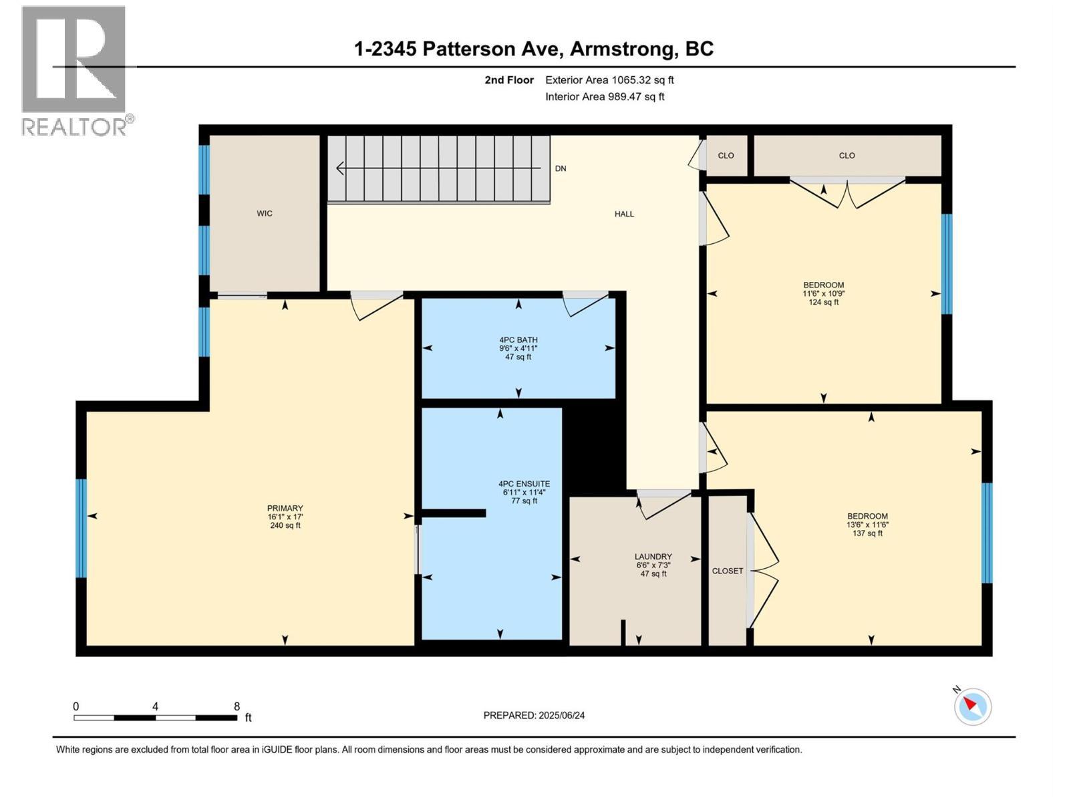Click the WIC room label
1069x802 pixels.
tap(265, 214)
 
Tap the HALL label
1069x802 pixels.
tap(624, 214)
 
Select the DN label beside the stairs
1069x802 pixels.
tap(561, 168)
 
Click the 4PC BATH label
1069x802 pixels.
tap(518, 340)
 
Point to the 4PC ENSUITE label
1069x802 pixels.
tap(524, 484)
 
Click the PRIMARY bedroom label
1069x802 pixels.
tap(285, 509)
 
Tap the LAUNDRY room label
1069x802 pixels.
tap(653, 557)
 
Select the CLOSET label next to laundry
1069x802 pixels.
tap(727, 571)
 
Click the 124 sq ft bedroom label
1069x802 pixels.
tap(823, 285)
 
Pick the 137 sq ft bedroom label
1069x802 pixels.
tap(867, 517)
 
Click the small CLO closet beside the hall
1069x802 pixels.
tap(726, 156)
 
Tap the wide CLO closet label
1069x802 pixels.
tap(847, 156)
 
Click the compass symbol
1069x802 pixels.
tap(972, 706)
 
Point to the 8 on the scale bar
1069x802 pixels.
tap(237, 706)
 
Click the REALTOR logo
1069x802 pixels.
tap(75, 70)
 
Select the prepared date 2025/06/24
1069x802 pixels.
tap(534, 715)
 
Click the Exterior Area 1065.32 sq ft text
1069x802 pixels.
tap(609, 80)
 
